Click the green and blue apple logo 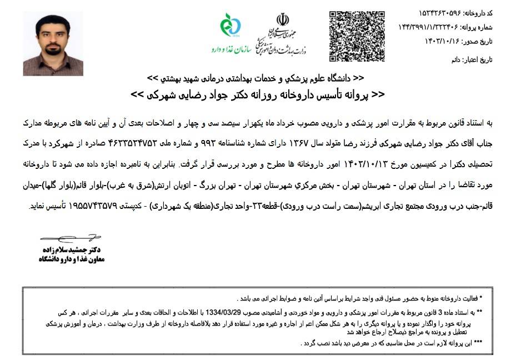[x=228, y=25]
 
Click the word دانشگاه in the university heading [x=338, y=77]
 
